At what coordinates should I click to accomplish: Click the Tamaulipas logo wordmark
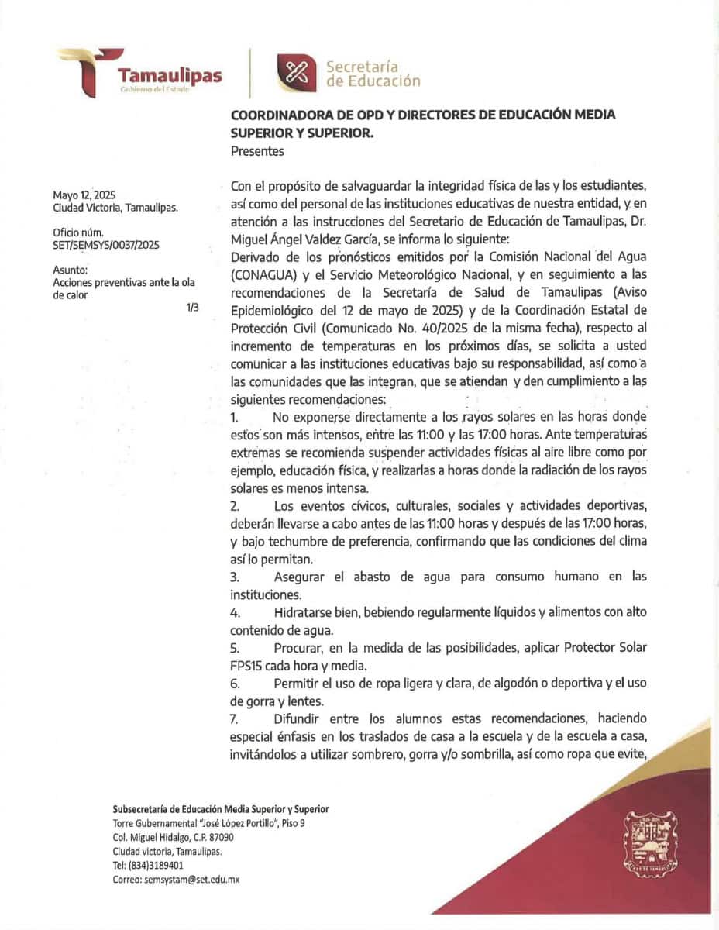click(169, 75)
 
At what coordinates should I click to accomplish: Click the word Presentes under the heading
click(257, 151)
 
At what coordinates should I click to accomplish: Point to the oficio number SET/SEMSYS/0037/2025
click(105, 245)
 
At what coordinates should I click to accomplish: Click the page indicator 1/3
click(192, 308)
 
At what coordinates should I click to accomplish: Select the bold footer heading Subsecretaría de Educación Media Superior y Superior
click(220, 809)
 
